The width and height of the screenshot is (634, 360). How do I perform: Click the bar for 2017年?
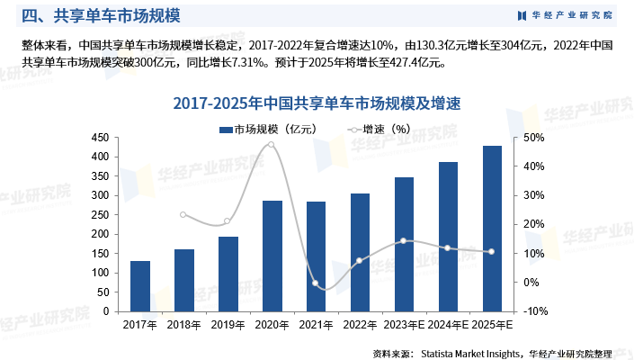tap(140, 286)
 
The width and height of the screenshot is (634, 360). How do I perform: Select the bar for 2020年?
tap(272, 256)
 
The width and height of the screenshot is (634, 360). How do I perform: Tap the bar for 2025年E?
tap(492, 229)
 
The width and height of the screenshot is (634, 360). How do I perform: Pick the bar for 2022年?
tap(360, 252)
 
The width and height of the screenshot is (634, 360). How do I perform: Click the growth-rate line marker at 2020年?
tap(272, 145)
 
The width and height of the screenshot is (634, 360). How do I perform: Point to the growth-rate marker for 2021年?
tap(316, 283)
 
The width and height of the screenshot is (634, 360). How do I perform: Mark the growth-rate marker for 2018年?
tap(183, 214)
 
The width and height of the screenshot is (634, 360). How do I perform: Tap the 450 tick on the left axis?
tap(101, 138)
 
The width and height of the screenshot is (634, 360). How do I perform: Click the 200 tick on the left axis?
tap(101, 234)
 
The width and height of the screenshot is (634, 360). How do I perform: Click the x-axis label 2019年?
tap(228, 325)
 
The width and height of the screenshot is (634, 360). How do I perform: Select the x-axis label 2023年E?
tap(404, 325)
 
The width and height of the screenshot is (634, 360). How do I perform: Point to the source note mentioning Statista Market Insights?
tap(492, 352)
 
